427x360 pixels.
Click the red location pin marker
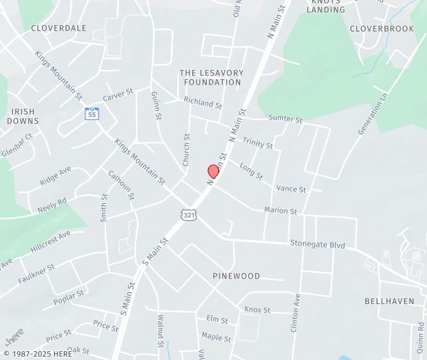pos(213,171)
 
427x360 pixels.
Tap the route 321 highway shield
pos(188,214)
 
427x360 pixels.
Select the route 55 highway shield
pos(92,113)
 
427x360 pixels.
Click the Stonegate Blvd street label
pos(318,245)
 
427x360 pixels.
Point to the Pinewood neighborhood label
pos(236,276)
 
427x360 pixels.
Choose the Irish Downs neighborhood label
pos(23,116)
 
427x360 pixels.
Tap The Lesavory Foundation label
pos(211,77)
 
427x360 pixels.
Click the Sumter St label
pos(286,119)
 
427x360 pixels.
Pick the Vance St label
pos(291,189)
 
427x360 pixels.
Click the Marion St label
pos(280,211)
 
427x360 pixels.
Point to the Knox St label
pos(257,310)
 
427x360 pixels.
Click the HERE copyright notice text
pos(39,353)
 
